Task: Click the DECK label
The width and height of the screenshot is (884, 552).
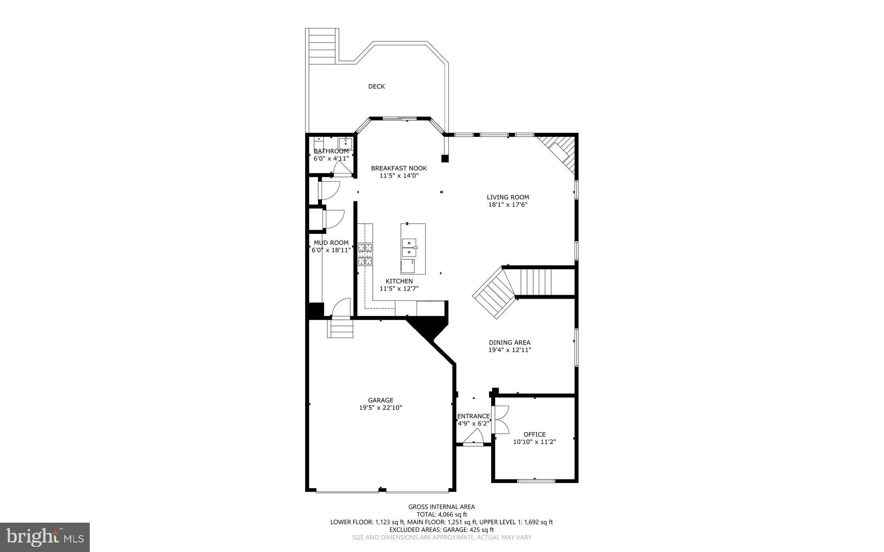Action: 376,86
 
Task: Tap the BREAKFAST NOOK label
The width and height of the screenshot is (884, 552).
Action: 399,168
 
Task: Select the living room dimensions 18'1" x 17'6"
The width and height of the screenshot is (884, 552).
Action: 508,205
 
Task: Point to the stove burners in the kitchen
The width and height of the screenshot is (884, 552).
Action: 365,254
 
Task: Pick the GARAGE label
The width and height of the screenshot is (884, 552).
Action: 380,400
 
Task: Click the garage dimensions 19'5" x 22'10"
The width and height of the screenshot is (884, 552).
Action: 380,407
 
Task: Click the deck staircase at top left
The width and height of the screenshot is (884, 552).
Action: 322,46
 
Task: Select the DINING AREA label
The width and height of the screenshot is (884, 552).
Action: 509,343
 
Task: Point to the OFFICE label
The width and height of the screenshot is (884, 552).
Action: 534,434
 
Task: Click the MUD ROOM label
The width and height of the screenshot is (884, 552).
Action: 331,243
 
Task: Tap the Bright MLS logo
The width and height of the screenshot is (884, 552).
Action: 45,537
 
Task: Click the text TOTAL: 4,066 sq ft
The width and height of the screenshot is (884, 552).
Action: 442,514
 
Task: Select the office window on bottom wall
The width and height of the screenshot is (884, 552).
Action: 536,480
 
